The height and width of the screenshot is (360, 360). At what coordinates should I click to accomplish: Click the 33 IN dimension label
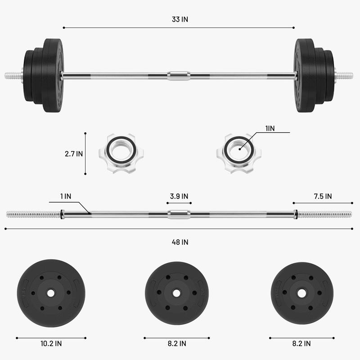tap(179, 19)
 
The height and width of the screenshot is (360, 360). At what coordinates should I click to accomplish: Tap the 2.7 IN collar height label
tap(74, 153)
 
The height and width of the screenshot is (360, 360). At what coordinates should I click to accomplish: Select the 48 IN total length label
tap(179, 242)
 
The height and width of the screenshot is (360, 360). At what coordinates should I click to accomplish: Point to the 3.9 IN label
tap(179, 196)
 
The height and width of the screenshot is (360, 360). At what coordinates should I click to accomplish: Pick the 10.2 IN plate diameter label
tap(50, 343)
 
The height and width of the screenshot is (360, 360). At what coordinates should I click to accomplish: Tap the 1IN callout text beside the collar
tap(270, 128)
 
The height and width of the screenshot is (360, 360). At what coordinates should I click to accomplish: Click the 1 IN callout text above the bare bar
tap(65, 196)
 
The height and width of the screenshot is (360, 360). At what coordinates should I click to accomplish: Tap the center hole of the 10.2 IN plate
tap(50, 293)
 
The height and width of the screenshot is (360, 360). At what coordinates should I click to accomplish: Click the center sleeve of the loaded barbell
tap(179, 75)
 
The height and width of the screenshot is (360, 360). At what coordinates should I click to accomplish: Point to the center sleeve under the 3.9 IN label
tap(179, 214)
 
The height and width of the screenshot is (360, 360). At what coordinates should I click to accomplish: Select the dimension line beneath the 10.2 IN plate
tap(50, 337)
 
